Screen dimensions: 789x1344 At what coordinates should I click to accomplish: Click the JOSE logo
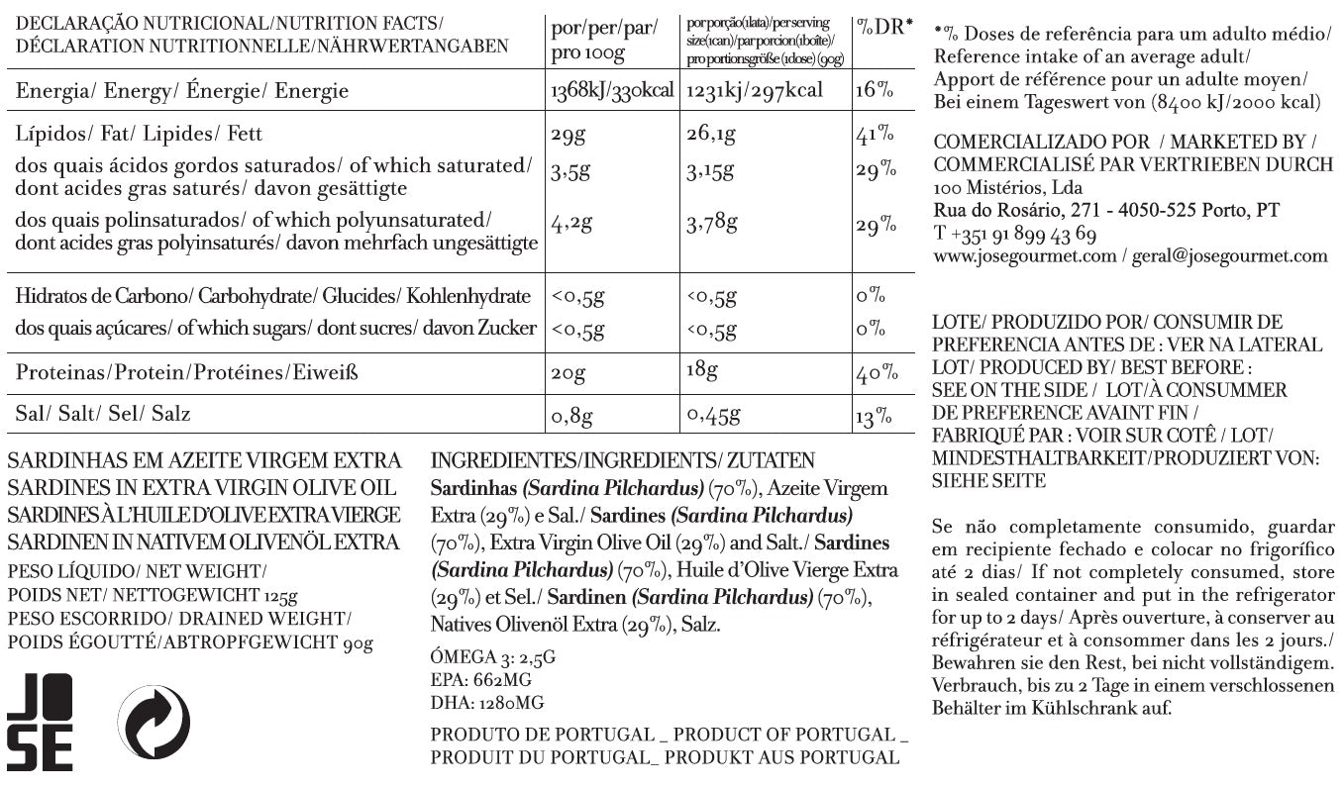[x=40, y=722]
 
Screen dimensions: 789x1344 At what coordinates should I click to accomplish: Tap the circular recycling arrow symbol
[x=154, y=722]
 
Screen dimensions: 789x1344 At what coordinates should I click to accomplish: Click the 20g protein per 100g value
[x=568, y=374]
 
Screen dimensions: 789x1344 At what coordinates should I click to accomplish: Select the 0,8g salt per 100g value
[x=571, y=416]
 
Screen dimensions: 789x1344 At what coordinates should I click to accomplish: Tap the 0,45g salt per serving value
[x=713, y=416]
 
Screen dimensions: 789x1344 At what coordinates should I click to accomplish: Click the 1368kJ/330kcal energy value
[x=610, y=91]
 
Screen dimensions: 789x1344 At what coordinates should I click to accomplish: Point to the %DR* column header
[x=883, y=27]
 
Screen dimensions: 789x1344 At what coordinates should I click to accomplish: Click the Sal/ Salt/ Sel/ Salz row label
[x=103, y=414]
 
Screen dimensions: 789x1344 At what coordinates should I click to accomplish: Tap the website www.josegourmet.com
[x=1025, y=256]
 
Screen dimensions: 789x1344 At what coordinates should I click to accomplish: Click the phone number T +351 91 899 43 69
[x=1015, y=235]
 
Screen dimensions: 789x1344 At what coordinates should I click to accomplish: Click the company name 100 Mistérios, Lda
[x=1008, y=188]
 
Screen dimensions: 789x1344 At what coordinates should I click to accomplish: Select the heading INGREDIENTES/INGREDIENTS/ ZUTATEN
[x=623, y=461]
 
